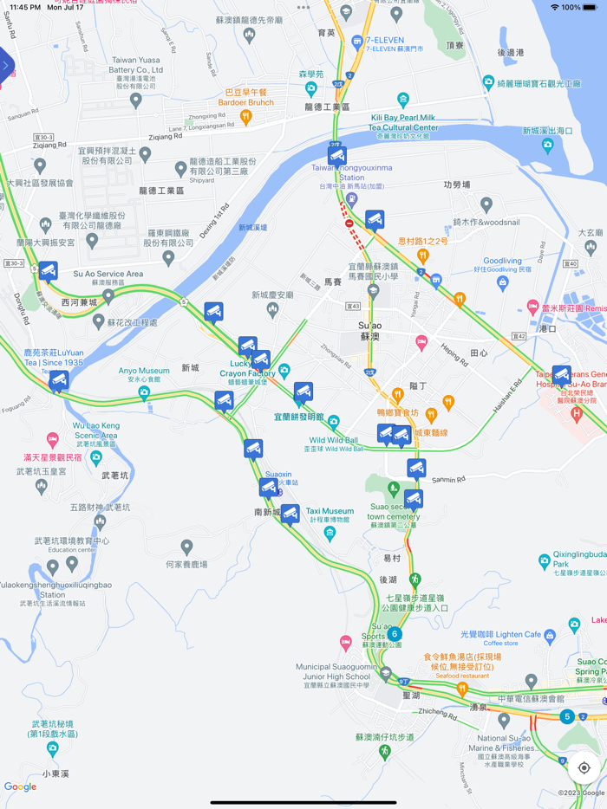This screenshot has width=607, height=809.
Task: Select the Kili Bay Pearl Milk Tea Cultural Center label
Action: pos(402,121)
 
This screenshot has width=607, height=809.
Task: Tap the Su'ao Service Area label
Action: pos(108,274)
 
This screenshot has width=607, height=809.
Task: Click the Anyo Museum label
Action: pos(144,371)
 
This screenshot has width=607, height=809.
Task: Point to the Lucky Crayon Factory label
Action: pos(247,368)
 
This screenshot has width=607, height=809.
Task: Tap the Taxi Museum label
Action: pos(330,511)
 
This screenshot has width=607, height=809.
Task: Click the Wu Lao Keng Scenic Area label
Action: pos(96,430)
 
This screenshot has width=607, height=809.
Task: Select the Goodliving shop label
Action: pos(502,261)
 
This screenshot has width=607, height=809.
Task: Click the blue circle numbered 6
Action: pos(395,634)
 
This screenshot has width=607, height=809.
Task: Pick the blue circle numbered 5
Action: pos(566,716)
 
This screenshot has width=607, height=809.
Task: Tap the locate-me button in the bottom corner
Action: pos(584,767)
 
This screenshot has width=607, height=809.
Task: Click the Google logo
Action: pos(20,786)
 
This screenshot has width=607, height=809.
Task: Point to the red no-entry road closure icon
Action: pos(349,223)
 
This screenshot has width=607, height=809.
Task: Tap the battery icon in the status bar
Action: pos(591,7)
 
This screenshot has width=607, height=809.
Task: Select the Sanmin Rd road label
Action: pos(449,479)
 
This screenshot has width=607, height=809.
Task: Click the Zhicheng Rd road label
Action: pos(436,713)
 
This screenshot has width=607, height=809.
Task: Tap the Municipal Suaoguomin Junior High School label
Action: pos(338,671)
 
